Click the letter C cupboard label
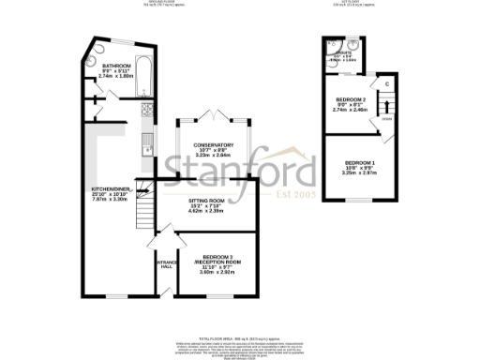pyautogui.click(x=386, y=84)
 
